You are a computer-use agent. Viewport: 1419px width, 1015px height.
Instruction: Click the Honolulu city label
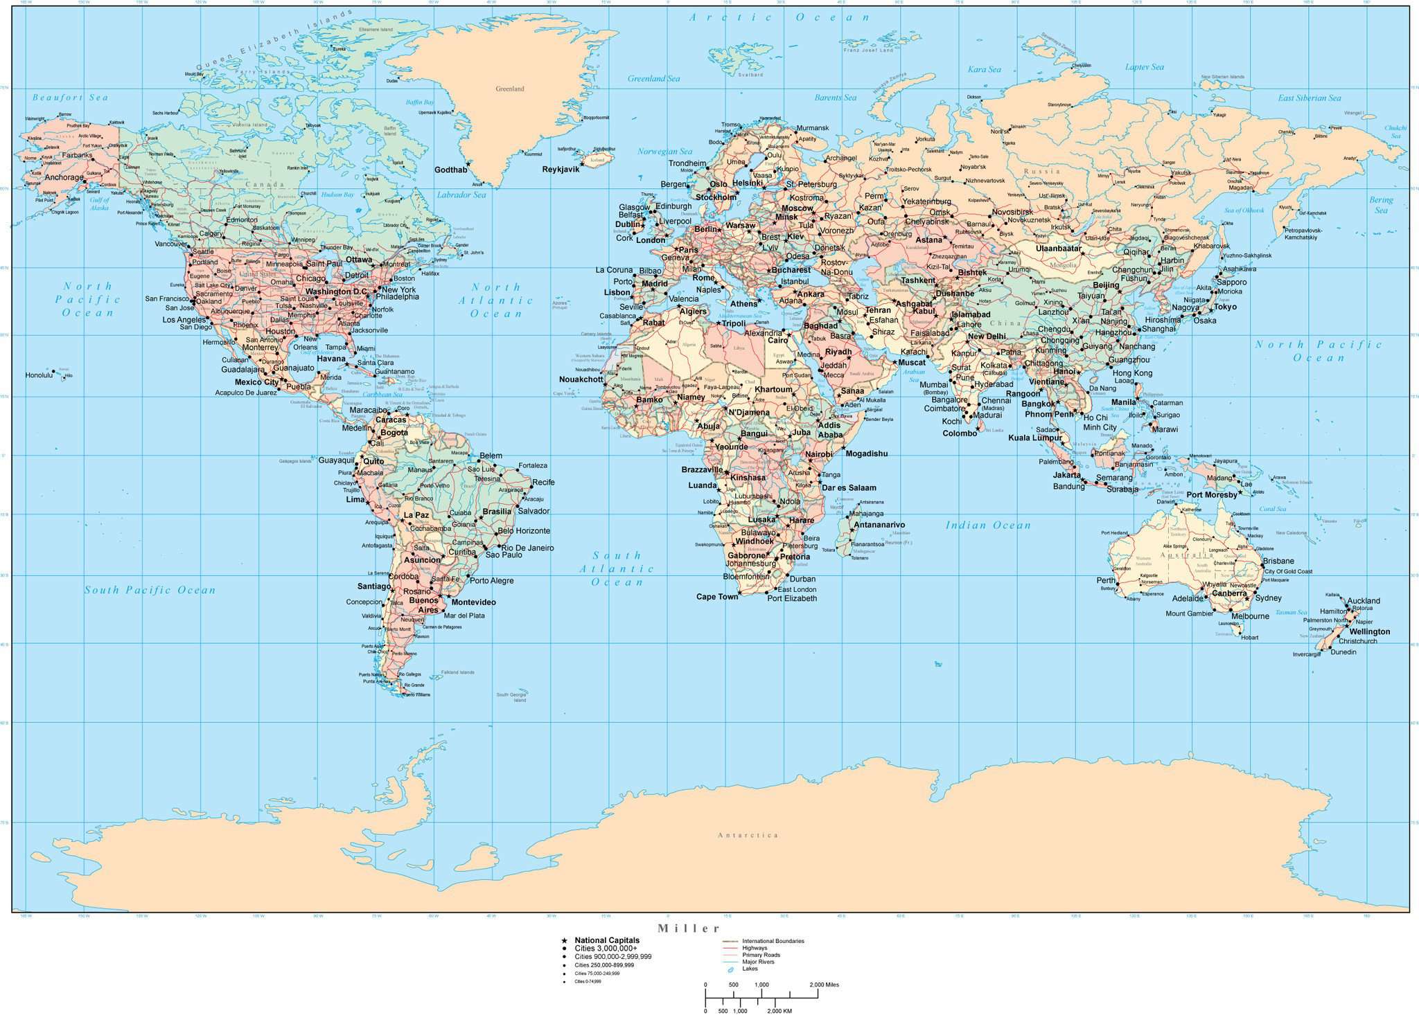coord(39,375)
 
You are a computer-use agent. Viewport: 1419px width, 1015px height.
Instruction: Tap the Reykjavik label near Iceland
coord(561,170)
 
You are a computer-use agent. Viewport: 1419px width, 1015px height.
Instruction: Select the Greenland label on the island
coord(510,89)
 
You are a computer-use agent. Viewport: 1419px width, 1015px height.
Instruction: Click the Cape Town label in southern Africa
coord(717,597)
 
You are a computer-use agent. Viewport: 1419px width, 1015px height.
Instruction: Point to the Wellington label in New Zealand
coord(1370,631)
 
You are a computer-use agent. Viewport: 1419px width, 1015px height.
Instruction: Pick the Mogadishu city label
coord(866,453)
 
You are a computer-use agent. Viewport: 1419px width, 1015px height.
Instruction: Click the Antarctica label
coord(748,835)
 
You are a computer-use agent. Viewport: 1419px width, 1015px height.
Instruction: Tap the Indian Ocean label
coord(988,526)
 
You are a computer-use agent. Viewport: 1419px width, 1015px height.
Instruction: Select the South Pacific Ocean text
coord(150,590)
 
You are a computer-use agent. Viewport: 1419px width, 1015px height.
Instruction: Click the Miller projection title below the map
coord(689,928)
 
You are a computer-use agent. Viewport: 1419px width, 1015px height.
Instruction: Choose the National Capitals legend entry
coord(607,940)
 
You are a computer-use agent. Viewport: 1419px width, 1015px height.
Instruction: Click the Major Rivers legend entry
coord(758,962)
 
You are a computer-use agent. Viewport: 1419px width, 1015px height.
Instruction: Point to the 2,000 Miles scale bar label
coord(824,985)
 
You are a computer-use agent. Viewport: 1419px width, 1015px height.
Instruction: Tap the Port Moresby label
coord(1211,495)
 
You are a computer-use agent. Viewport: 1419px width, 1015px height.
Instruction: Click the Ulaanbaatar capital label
coord(1059,248)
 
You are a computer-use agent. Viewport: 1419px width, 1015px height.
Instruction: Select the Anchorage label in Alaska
coord(64,177)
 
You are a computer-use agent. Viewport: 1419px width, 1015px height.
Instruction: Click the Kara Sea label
coord(985,69)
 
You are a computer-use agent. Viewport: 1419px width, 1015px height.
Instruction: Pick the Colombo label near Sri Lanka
coord(960,433)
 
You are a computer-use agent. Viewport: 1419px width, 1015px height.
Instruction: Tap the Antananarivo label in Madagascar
coord(879,525)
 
